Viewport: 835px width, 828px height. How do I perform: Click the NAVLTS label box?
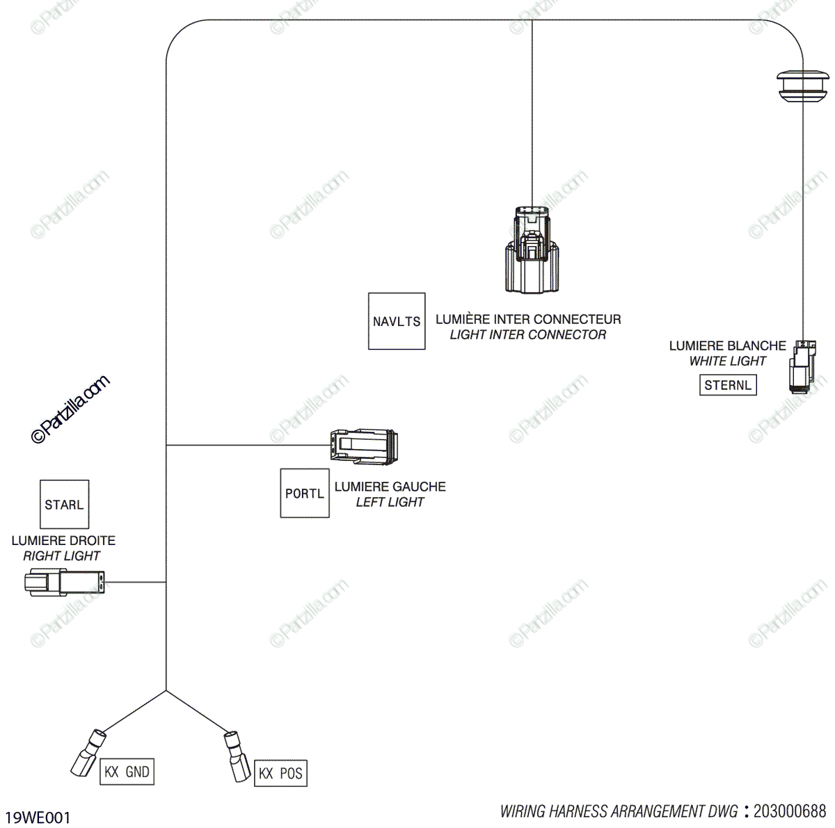coord(397,321)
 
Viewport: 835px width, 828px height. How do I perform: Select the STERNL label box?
coord(728,385)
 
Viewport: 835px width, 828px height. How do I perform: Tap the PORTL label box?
coord(305,494)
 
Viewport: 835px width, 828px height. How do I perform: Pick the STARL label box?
coord(64,505)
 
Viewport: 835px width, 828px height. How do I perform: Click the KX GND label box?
coord(127,772)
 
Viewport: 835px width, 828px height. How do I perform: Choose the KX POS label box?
coord(280,774)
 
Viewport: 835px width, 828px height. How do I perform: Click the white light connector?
coord(802,366)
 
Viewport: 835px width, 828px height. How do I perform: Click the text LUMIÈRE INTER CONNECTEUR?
coord(528,320)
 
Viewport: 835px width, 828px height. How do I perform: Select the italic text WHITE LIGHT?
coord(727,361)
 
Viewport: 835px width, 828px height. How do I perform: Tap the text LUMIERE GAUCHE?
coord(390,487)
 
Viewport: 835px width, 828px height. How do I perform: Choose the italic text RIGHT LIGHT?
coord(62,555)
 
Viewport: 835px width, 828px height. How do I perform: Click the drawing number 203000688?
coord(790,811)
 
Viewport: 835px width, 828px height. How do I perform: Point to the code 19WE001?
coord(38,818)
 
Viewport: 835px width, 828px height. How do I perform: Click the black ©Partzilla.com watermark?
coord(70,409)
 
